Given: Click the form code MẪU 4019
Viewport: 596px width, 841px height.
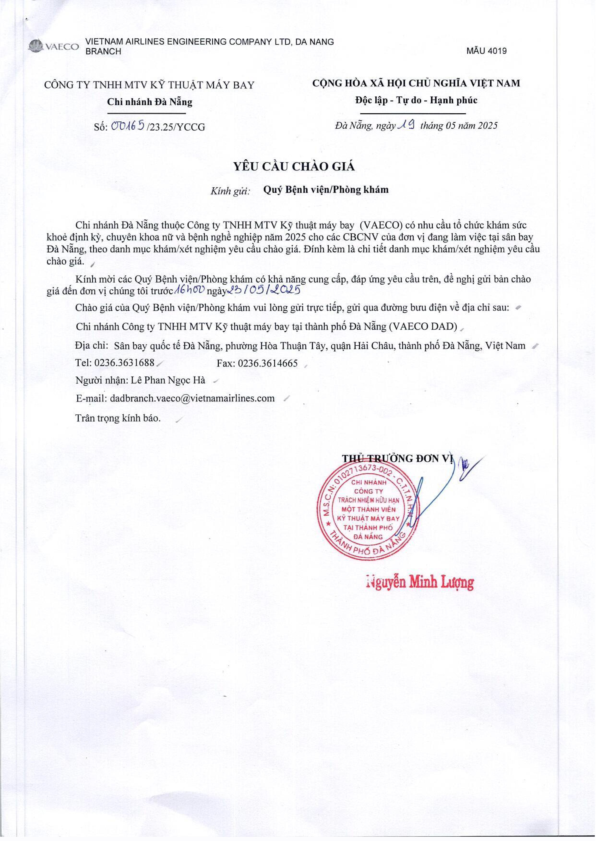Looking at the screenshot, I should pyautogui.click(x=486, y=51).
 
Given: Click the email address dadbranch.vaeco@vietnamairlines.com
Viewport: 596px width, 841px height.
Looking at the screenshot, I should pyautogui.click(x=192, y=398).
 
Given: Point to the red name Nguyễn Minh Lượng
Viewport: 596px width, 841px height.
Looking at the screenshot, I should pyautogui.click(x=420, y=582).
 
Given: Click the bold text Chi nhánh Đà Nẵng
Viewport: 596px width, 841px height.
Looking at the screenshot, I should pyautogui.click(x=149, y=102).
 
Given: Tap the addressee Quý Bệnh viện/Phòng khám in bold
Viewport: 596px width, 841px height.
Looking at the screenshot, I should pyautogui.click(x=326, y=190).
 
